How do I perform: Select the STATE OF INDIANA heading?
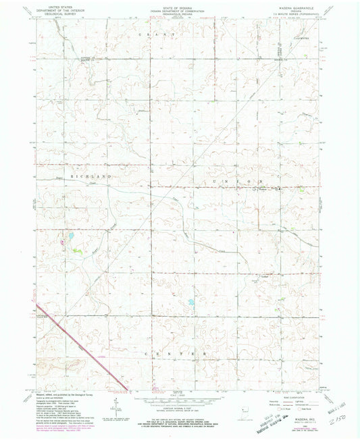179,6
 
